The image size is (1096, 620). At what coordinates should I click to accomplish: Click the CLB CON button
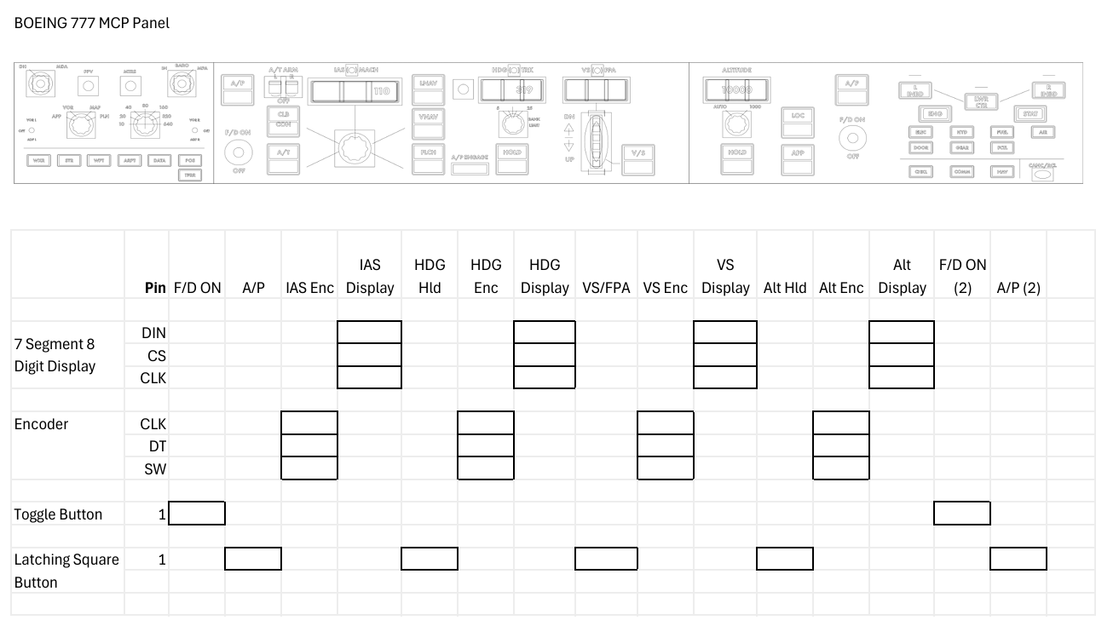tap(283, 118)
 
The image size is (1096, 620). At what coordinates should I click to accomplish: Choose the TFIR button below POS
tap(190, 175)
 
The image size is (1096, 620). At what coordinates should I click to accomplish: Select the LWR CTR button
tap(982, 101)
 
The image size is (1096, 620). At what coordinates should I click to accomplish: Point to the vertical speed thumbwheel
tap(596, 140)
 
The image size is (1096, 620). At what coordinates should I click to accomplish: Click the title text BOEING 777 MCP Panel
tap(92, 23)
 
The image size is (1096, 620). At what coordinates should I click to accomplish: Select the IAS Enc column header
tap(309, 288)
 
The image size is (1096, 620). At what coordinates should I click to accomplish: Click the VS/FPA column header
tap(606, 288)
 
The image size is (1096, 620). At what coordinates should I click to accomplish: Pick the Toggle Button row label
tap(58, 514)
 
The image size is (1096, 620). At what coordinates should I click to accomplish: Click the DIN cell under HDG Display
tap(545, 332)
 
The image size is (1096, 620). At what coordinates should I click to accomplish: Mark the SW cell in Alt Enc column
tap(841, 468)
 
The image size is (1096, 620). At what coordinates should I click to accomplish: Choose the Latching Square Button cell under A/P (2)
tap(1018, 559)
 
